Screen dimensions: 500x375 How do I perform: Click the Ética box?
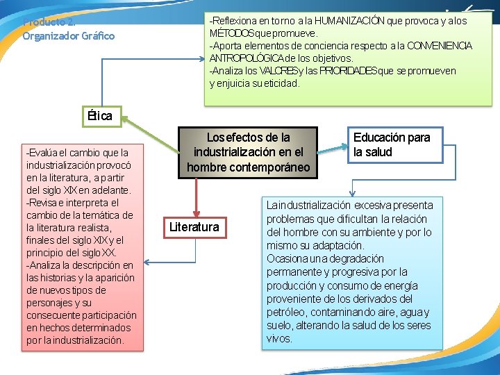100,116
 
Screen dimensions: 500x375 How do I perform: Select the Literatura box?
194,227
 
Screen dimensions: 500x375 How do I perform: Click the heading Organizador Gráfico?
69,35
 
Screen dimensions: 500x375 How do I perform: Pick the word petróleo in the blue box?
287,312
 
